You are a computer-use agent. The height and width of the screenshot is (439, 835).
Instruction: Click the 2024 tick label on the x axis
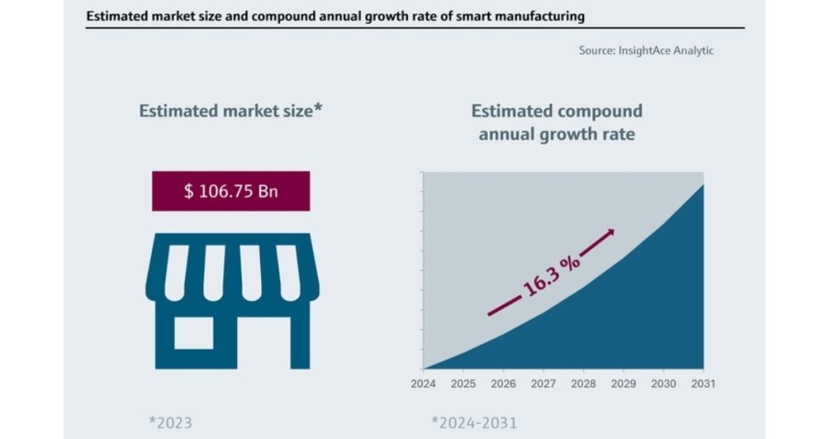[x=424, y=383]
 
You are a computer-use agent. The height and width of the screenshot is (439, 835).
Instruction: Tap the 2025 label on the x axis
[x=463, y=383]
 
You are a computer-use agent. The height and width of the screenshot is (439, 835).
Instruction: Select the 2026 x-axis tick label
[x=503, y=383]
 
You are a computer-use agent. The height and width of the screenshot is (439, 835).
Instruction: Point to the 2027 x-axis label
[x=543, y=383]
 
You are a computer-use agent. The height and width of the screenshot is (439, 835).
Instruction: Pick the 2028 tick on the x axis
[x=583, y=383]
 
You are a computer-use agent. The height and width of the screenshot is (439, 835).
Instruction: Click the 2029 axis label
[x=623, y=383]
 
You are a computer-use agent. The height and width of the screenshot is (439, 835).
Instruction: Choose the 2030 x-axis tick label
[x=663, y=383]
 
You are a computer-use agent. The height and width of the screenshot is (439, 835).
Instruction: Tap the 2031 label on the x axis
[x=703, y=383]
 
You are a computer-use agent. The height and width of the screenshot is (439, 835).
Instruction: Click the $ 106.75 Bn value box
[x=231, y=191]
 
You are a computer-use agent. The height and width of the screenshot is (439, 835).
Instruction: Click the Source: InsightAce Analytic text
[x=646, y=51]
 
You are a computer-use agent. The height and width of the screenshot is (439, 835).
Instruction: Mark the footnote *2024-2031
[x=474, y=423]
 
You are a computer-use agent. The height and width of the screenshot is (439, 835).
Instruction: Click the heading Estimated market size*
[x=231, y=111]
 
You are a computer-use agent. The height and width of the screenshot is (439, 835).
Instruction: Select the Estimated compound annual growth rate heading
[x=557, y=122]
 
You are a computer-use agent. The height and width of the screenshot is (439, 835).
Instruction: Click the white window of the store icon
[x=194, y=332]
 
